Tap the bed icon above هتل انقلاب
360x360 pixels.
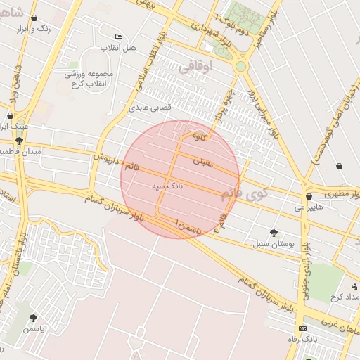(117, 37)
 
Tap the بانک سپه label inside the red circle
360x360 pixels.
(167, 188)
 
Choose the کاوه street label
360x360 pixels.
(200, 136)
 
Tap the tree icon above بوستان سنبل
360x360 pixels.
(274, 233)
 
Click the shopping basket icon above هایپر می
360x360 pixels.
(309, 197)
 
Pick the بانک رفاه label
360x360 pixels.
(302, 340)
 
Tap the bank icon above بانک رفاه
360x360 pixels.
(302, 328)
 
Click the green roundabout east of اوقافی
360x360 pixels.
(241, 66)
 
